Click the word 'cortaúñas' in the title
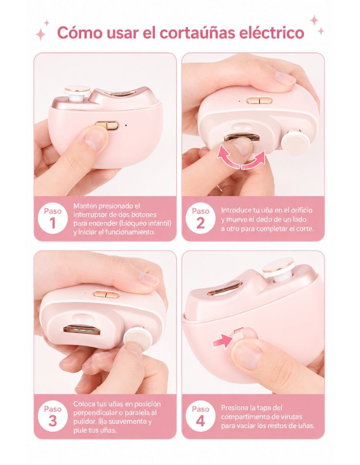coord(198,33)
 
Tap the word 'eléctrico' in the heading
coord(272,33)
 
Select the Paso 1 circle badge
coord(52,218)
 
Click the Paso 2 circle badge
coord(200,218)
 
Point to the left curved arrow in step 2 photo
coord(228,157)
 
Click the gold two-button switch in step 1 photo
coord(107,126)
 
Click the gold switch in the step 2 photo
coord(259,100)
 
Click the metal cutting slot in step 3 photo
coord(82,330)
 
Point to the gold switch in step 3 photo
coord(106,294)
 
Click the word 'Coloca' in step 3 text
coord(83,404)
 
